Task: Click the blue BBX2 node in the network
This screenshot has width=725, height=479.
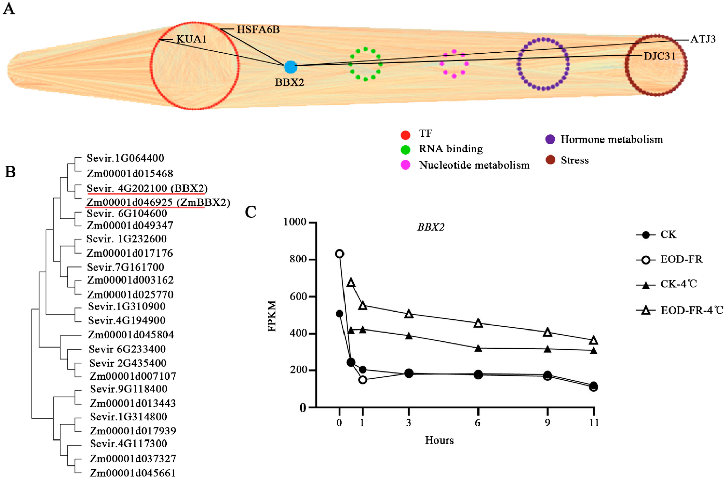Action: [x=290, y=67]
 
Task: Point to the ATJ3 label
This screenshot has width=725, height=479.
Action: [x=703, y=39]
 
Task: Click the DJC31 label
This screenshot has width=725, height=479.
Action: [x=659, y=56]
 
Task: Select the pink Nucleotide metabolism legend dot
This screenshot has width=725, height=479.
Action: [x=405, y=165]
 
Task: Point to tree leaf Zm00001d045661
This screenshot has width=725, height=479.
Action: [x=133, y=473]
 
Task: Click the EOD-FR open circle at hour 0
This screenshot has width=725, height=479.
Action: [x=339, y=254]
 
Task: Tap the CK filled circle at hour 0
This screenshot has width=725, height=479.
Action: [x=339, y=314]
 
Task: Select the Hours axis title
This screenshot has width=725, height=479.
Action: [x=439, y=440]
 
